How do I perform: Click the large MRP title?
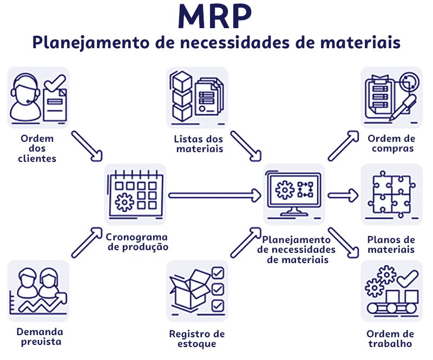[x=215, y=17]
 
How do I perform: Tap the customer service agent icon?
[x=38, y=98]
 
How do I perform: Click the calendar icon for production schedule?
[x=135, y=194]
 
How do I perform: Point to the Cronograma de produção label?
[x=137, y=242]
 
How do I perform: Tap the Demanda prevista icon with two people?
[x=38, y=291]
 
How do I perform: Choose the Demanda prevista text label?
[x=39, y=337]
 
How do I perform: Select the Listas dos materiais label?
[x=199, y=143]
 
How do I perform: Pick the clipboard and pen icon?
[x=391, y=97]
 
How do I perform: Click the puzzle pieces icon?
[x=391, y=194]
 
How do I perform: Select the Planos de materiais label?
[x=391, y=245]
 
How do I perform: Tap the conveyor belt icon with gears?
[x=391, y=291]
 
